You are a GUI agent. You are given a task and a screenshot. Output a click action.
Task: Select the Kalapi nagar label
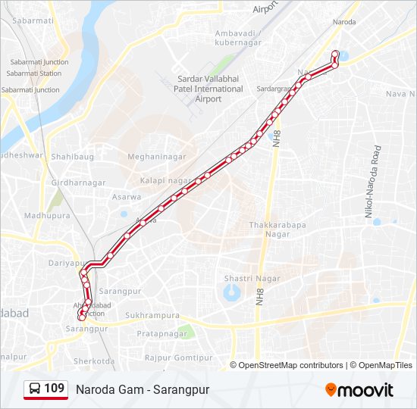coord(166,180)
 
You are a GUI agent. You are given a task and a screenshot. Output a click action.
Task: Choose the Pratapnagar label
coord(161,333)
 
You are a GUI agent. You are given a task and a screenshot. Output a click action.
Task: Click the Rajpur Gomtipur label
coord(179,357)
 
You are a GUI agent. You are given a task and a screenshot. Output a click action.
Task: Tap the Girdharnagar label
coord(78,183)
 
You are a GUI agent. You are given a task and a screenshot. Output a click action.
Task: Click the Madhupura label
coord(46,216)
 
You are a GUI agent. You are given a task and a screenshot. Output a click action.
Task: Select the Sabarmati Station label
coord(34,73)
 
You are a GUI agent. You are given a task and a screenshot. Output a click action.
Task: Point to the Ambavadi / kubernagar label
coord(237,38)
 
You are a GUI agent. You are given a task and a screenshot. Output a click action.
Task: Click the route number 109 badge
coord(54,389)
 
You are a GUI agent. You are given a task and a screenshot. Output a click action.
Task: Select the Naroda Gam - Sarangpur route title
coord(142,389)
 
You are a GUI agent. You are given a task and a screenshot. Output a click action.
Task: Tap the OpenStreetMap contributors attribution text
coord(291,365)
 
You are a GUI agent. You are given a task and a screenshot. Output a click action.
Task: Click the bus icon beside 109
coord(35,389)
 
